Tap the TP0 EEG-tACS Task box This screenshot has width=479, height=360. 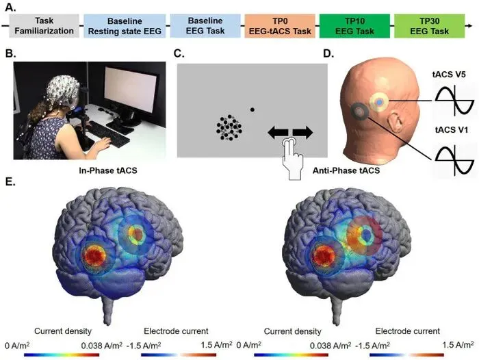[279, 26]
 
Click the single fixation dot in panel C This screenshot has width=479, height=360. [253, 110]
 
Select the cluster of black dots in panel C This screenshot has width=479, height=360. [229, 127]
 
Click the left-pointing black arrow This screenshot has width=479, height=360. [277, 131]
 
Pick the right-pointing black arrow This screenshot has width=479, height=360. [302, 131]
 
